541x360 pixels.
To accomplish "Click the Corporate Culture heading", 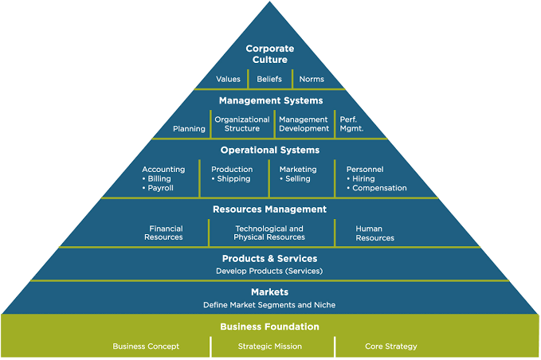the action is (x=270, y=54).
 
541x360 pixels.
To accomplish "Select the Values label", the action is (x=228, y=80).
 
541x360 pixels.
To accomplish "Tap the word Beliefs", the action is (x=269, y=80).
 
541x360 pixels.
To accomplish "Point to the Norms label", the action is (x=312, y=80).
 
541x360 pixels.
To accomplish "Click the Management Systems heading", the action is (x=271, y=100).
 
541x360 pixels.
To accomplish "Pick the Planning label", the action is (x=189, y=129).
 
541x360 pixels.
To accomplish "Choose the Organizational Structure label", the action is (x=242, y=124).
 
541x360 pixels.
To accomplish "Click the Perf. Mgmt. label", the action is (x=351, y=124).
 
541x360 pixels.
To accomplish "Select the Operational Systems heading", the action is (x=270, y=151).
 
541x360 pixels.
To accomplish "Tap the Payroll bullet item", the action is (x=159, y=188).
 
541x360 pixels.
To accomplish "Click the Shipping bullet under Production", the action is (x=231, y=179).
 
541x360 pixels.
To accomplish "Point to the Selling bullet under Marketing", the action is (x=296, y=179).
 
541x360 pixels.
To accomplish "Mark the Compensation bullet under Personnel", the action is (x=377, y=188).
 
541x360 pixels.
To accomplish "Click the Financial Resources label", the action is (x=164, y=233).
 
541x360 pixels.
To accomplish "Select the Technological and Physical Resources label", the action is (x=269, y=233).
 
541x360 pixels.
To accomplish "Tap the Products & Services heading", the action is (x=270, y=259).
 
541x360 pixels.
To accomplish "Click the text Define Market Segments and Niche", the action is (x=269, y=305).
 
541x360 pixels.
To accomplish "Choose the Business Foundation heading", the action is (x=270, y=327).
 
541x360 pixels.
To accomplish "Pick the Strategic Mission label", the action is (x=270, y=346).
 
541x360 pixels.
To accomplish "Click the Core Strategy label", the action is (x=391, y=346).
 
